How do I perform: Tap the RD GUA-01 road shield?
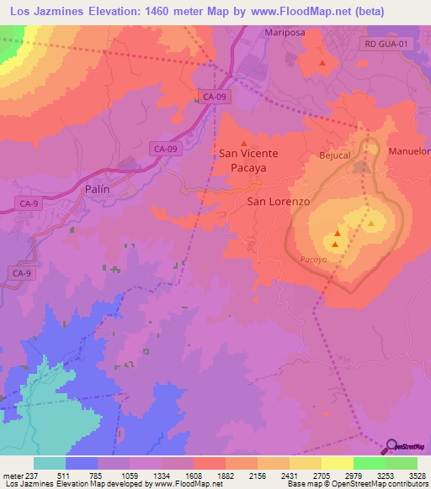point(386,43)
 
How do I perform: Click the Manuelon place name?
point(410,151)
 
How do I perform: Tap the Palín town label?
point(98,189)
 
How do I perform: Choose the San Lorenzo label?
point(279,202)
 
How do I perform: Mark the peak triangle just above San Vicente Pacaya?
point(245,142)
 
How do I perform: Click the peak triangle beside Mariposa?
point(322,63)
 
